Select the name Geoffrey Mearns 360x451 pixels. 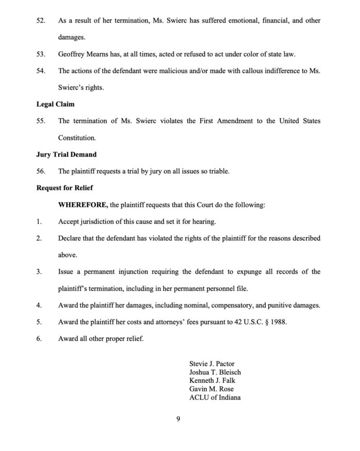[81, 55]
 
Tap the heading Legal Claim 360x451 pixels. [55, 104]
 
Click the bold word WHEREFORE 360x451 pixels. [82, 205]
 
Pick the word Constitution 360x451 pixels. [77, 138]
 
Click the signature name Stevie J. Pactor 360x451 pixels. [212, 364]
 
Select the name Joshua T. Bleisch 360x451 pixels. [215, 372]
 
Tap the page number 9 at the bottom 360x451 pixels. [177, 419]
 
